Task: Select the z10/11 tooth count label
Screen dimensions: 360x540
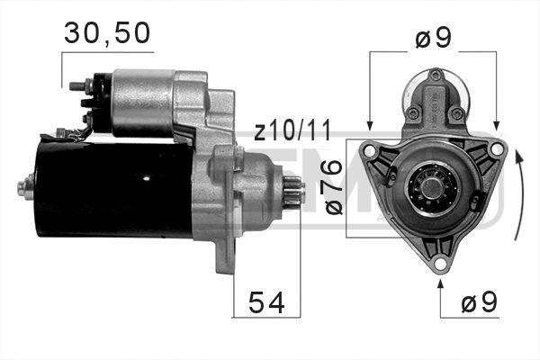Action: (x=292, y=132)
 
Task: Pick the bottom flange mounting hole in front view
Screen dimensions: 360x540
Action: (x=438, y=263)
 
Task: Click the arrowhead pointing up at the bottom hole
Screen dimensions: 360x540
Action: (x=439, y=284)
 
